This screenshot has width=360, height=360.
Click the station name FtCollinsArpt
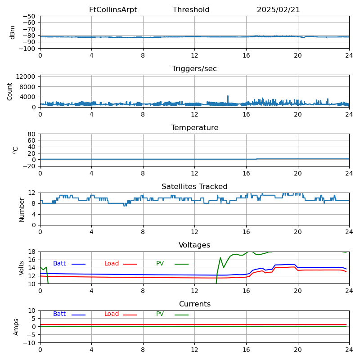tap(113, 10)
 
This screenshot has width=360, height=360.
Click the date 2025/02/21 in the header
tap(278, 10)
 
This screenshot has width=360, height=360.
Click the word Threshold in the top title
tap(191, 10)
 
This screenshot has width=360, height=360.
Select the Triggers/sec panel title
tap(194, 69)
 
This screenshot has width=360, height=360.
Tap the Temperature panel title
tap(194, 128)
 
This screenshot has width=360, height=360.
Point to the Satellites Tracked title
tap(194, 187)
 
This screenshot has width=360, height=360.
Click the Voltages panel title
tap(194, 245)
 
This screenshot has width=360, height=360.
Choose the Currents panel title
tap(194, 304)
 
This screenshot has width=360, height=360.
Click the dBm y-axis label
tap(13, 32)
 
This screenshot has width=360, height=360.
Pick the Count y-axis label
tap(10, 91)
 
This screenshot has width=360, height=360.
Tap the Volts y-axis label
tap(22, 268)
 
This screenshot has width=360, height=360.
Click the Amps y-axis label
tap(16, 327)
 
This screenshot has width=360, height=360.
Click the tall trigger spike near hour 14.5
tap(228, 96)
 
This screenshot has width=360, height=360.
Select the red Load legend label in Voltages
tap(112, 264)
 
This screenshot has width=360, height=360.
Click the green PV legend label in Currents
tap(160, 314)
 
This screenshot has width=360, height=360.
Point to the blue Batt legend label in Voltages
tap(59, 264)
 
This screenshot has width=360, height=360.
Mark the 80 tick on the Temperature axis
tap(32, 134)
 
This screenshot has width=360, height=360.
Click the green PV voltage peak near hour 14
tap(220, 258)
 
